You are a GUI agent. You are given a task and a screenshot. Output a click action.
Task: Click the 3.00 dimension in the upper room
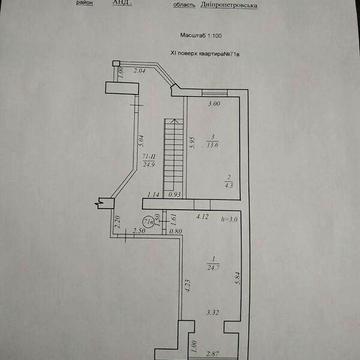(x=213, y=103)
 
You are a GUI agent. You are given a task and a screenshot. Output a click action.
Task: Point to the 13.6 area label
(x=213, y=143)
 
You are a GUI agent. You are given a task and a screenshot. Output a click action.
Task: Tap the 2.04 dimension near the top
(x=140, y=72)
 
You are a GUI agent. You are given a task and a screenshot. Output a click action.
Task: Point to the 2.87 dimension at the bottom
(x=211, y=353)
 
